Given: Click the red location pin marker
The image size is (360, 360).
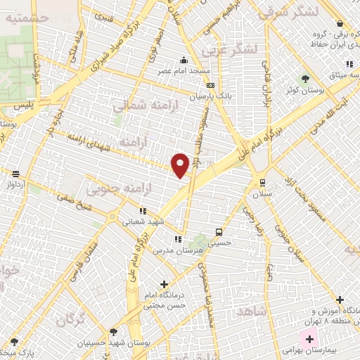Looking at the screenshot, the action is click(181, 165).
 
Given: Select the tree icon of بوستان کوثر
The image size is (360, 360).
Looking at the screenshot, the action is click(305, 78).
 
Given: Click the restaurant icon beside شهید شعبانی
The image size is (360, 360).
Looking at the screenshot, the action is click(143, 210).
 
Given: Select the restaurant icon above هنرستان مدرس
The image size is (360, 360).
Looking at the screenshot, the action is click(177, 239).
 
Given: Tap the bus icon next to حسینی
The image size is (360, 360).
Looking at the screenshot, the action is click(219, 231).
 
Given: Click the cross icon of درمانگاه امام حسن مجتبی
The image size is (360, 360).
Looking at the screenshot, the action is click(164, 285).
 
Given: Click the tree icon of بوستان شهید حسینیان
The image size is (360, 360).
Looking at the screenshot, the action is click(114, 331).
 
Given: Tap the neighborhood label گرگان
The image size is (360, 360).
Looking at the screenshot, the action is click(72, 320).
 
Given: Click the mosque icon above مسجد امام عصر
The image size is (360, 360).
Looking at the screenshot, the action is click(184, 60).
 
